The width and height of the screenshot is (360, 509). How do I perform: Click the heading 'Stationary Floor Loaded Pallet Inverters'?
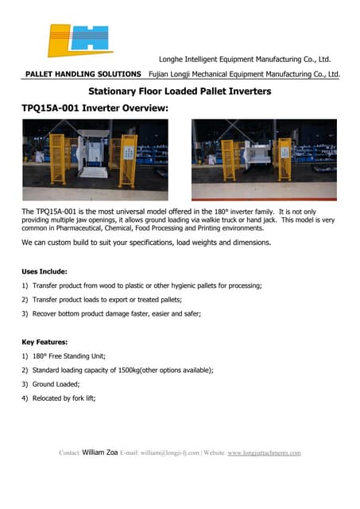click(180, 91)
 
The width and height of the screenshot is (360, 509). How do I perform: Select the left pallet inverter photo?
click(95, 159)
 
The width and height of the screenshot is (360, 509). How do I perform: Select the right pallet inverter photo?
click(265, 159)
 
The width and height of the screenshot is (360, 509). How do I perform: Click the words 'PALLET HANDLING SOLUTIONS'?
click(83, 74)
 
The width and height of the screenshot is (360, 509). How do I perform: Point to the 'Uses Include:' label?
click(45, 271)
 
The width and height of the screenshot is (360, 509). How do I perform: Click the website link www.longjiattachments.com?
click(264, 453)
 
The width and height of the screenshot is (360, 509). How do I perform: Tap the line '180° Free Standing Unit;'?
click(68, 356)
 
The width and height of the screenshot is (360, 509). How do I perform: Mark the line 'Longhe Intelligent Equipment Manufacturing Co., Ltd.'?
click(245, 60)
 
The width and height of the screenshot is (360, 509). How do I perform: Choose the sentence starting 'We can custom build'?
click(146, 242)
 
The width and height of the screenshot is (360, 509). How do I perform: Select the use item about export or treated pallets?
click(106, 299)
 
